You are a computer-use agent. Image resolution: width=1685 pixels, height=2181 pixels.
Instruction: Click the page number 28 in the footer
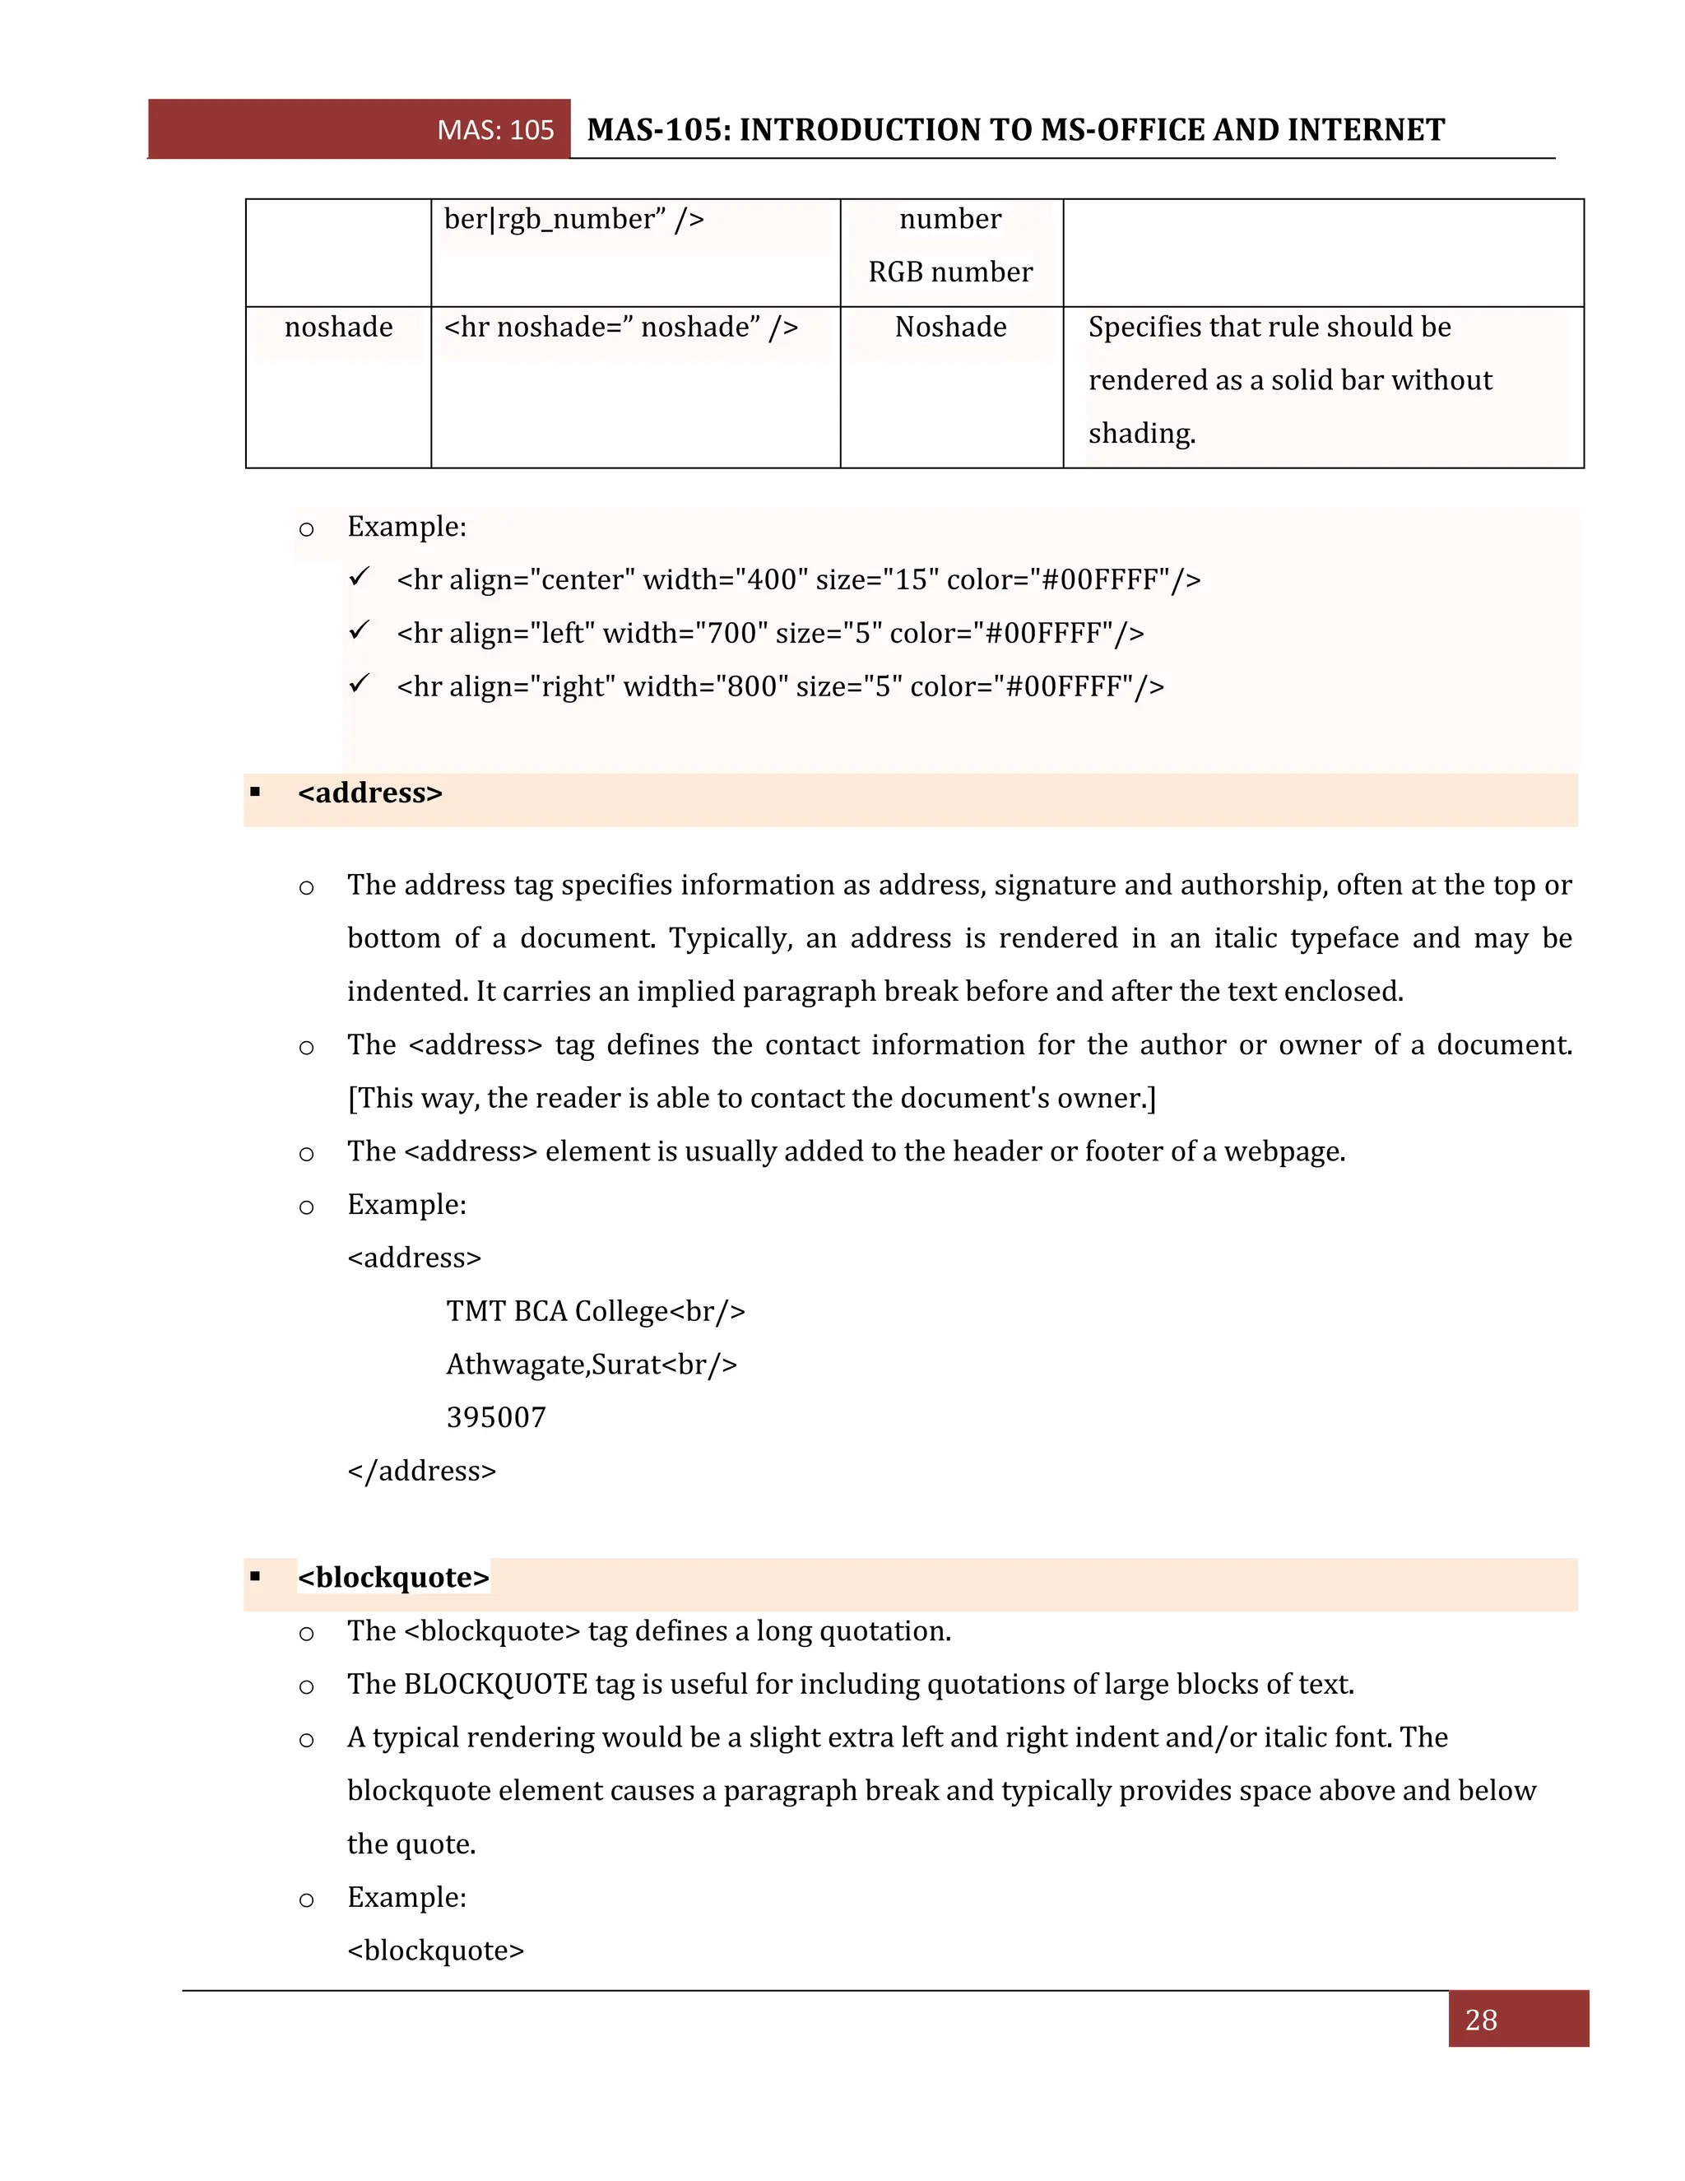coord(1480,2021)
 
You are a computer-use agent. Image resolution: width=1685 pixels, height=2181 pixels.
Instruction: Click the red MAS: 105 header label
coord(495,130)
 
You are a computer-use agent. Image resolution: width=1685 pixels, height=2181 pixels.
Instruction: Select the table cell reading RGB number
coord(949,272)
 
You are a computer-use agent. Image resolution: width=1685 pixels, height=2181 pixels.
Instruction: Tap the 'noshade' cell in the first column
coord(338,327)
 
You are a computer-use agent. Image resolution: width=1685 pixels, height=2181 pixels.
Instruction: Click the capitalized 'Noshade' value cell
coord(950,327)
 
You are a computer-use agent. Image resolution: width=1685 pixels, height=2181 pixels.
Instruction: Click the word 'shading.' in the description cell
coord(1141,434)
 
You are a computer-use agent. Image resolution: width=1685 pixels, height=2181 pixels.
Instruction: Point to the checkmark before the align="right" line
coord(360,684)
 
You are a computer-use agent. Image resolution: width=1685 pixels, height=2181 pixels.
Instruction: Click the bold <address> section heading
coord(369,793)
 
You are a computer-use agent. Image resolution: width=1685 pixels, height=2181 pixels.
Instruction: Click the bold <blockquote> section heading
coord(393,1578)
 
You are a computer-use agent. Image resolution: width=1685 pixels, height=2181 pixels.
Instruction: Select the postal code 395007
coord(496,1417)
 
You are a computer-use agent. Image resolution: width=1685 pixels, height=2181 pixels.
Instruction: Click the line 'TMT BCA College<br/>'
coord(595,1311)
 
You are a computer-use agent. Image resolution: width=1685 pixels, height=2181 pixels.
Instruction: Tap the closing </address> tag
coord(421,1471)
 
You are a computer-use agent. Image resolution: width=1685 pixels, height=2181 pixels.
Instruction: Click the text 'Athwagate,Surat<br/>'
coord(591,1364)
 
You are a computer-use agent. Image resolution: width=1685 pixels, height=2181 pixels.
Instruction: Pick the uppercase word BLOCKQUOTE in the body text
coord(495,1685)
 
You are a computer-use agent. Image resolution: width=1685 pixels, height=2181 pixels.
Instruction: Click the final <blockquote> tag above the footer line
coord(435,1951)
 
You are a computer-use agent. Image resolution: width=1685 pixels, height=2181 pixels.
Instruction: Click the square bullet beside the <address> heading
coord(256,793)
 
